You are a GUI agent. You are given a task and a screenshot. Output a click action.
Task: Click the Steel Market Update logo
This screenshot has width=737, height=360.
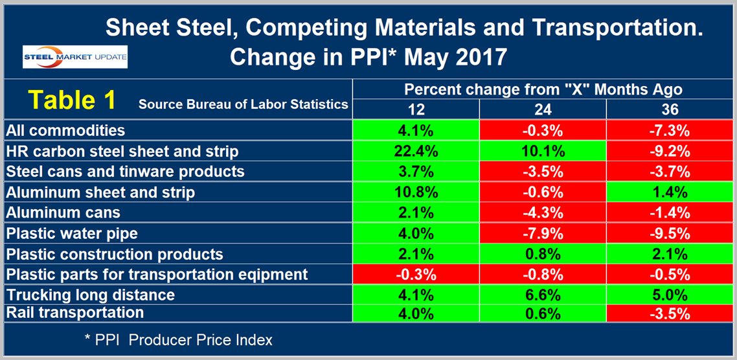[75, 56]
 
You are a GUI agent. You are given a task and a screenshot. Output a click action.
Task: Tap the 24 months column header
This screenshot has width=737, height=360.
[543, 110]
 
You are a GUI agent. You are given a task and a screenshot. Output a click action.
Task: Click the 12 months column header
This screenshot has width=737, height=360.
[416, 110]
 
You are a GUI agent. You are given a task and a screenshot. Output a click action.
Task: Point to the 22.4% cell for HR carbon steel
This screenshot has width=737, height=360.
[416, 151]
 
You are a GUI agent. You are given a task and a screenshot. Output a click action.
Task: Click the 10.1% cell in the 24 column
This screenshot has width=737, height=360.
[543, 151]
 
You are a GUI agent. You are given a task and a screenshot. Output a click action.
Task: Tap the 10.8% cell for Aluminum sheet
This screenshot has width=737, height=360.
[416, 192]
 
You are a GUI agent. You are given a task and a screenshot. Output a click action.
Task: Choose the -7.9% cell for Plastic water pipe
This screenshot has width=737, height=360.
[543, 233]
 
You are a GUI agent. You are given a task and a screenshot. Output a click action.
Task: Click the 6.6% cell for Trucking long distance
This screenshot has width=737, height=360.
[543, 295]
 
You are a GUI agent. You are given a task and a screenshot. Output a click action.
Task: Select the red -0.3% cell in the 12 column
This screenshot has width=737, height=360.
[416, 274]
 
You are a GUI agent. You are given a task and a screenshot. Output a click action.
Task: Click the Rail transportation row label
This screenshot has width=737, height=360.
[74, 313]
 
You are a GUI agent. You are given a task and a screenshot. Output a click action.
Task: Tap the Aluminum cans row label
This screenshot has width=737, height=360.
[63, 212]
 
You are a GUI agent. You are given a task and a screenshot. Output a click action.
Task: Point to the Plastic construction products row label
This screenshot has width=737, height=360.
[114, 254]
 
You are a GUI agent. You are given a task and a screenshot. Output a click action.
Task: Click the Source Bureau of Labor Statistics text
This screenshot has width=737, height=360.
[243, 104]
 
